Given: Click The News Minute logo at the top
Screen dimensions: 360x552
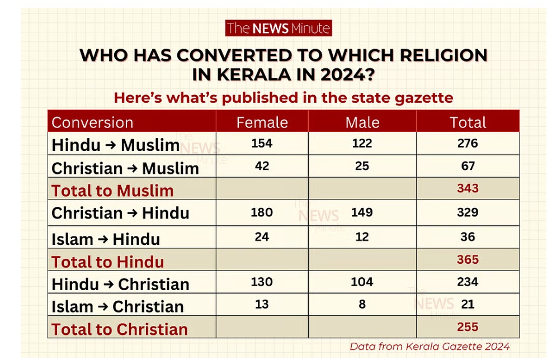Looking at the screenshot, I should [278, 29].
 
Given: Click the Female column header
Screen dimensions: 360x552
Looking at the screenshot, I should [262, 122].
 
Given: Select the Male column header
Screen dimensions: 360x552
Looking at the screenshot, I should [362, 122].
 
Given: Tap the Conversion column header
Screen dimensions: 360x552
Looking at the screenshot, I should [92, 122].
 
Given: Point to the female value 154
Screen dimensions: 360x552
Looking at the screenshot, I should [262, 143].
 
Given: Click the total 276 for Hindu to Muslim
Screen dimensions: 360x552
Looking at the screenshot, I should [468, 143].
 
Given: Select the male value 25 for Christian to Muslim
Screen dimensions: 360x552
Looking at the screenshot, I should [362, 166].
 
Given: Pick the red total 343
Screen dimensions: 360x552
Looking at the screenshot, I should [468, 188].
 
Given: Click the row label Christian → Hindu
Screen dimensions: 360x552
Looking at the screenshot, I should [120, 213].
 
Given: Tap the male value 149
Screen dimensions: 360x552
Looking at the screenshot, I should [362, 212].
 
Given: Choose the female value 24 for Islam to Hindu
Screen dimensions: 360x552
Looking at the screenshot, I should [262, 236].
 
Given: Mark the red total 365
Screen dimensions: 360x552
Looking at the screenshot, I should [468, 259].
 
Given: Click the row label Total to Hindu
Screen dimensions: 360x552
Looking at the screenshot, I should [108, 262].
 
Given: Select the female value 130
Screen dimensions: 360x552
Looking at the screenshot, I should [262, 282].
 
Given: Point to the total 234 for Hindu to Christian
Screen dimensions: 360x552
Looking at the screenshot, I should [468, 282].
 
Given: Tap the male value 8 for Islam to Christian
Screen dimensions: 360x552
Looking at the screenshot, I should [362, 304].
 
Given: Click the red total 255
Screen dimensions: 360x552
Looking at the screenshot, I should [468, 326].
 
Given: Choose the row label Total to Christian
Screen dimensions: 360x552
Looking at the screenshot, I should [120, 329].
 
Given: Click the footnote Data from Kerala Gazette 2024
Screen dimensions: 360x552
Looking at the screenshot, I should [430, 346].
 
